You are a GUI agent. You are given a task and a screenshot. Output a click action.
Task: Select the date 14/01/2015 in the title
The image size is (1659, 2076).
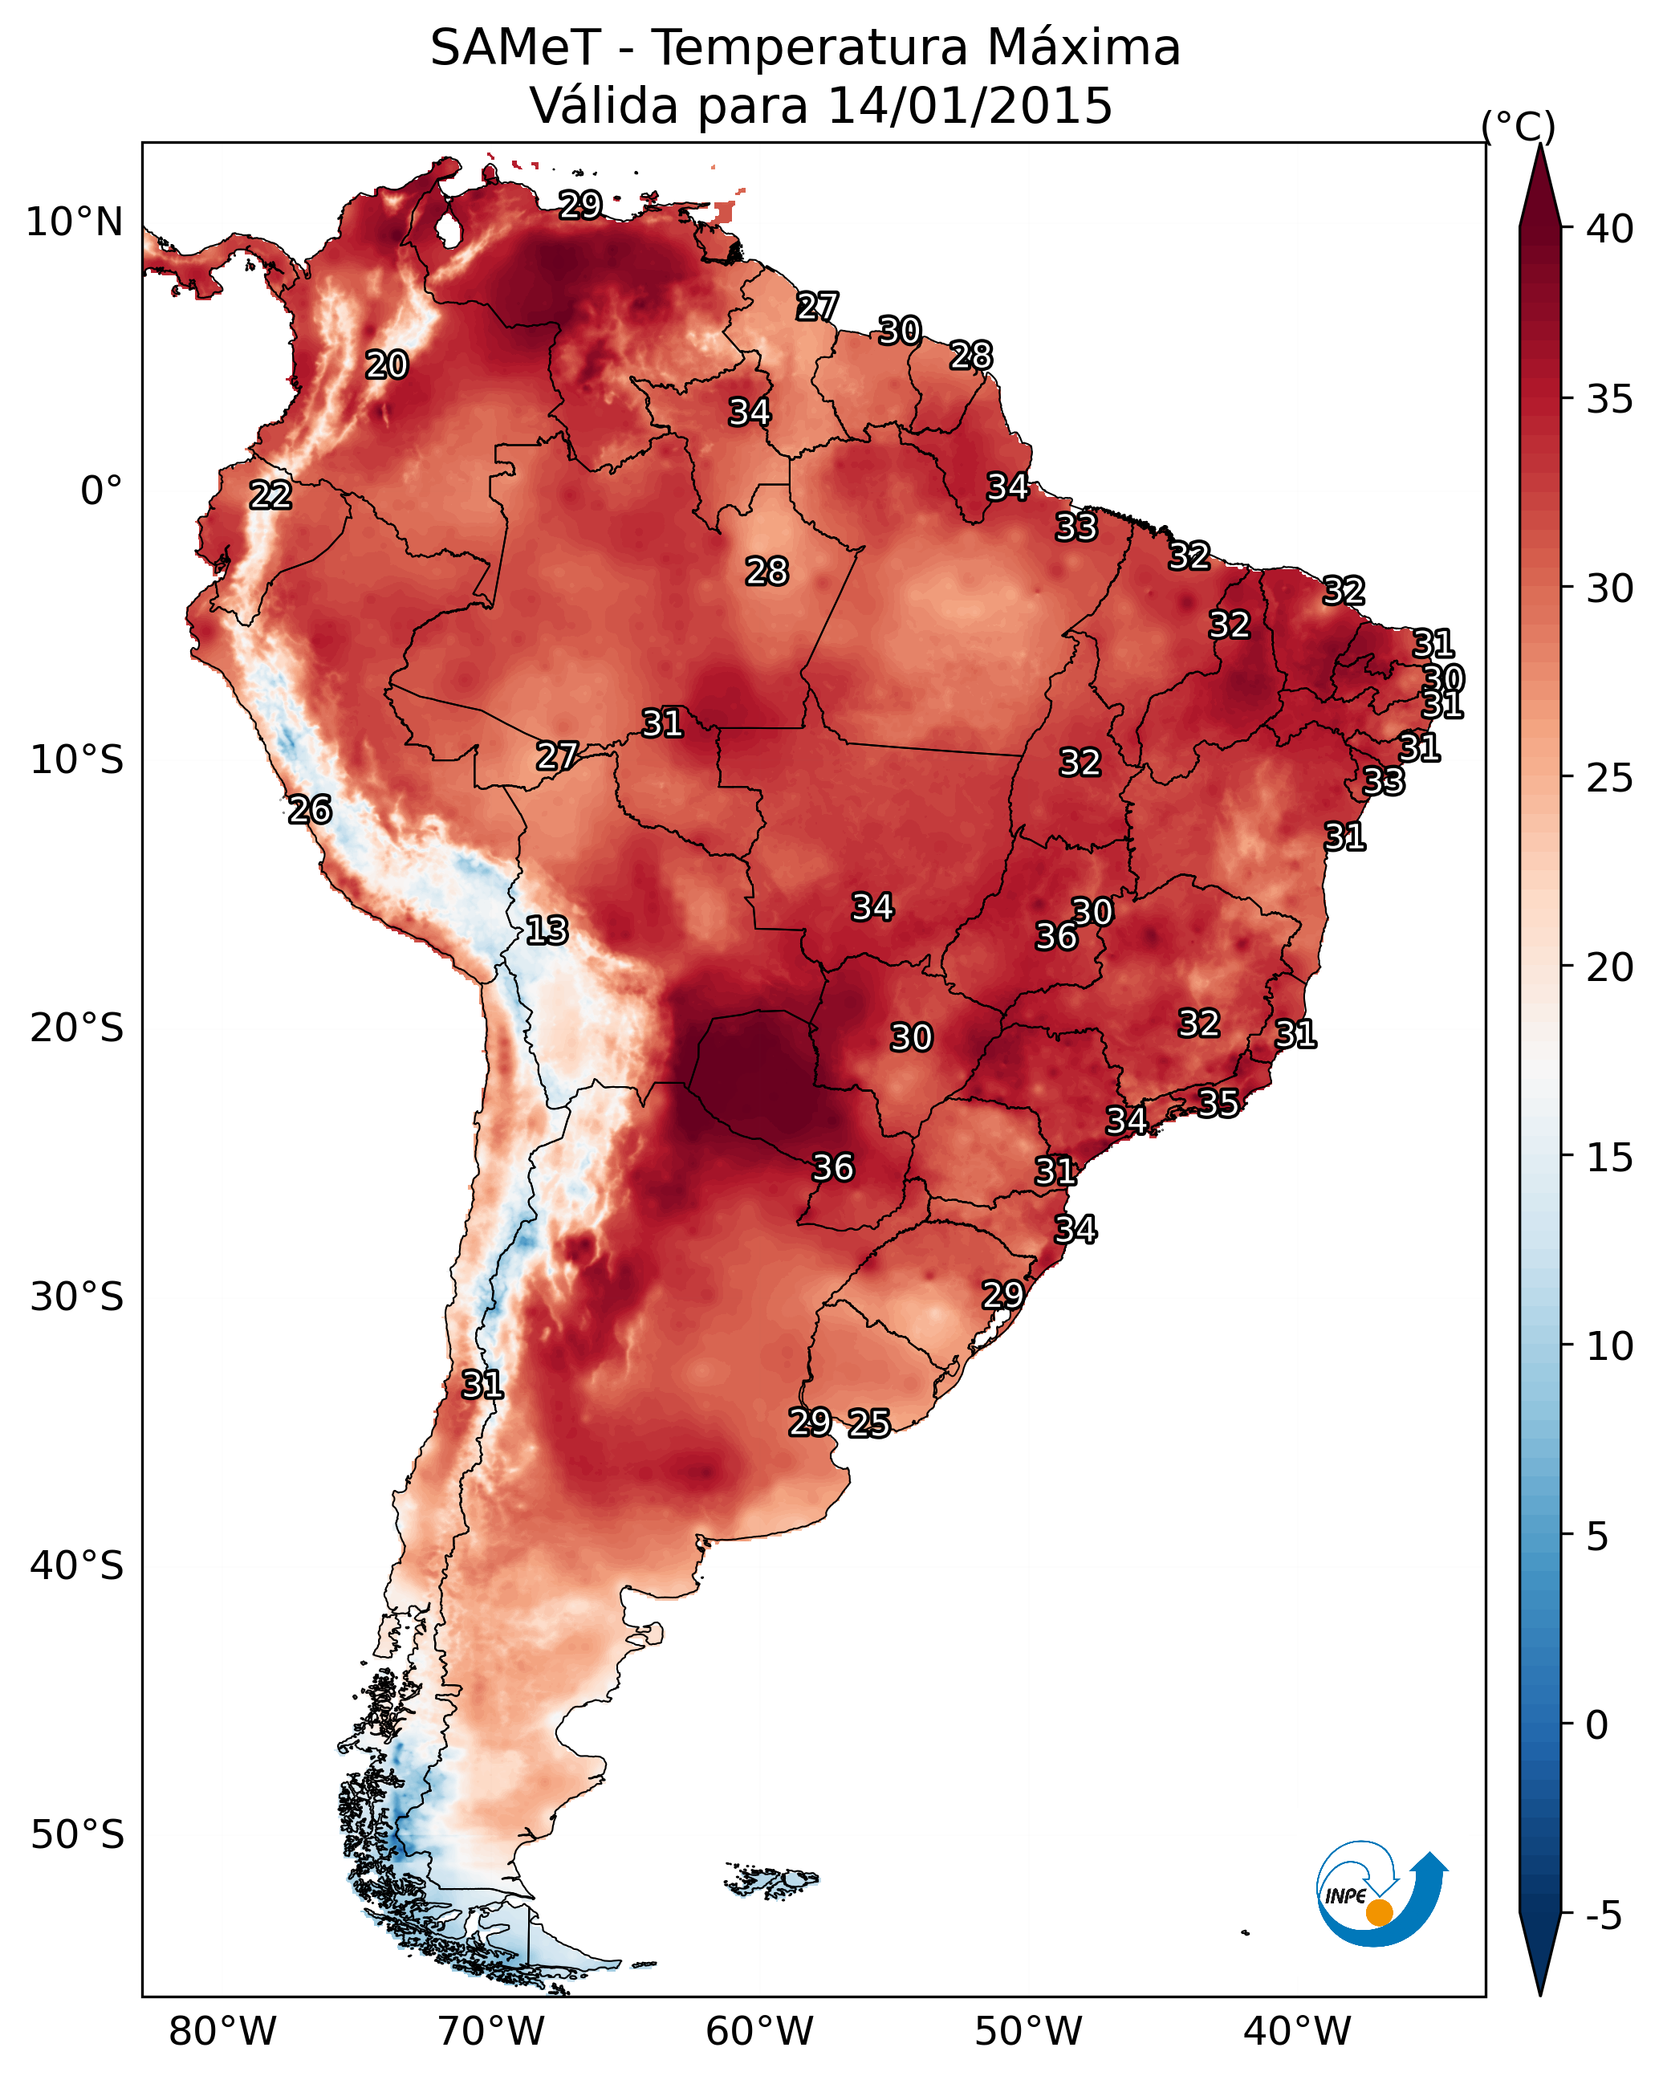(970, 105)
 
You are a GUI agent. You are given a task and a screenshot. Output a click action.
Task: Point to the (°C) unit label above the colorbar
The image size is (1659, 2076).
(1518, 126)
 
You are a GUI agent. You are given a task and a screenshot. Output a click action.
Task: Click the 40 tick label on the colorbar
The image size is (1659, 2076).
(1609, 229)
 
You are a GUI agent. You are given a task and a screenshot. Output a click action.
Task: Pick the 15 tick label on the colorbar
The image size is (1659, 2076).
(1609, 1158)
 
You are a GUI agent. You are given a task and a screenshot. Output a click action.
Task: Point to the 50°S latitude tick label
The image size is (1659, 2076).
(77, 1834)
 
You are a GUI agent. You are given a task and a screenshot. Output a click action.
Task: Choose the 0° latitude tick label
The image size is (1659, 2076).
(102, 491)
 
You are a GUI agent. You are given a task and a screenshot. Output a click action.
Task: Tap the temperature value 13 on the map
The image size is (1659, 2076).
(547, 931)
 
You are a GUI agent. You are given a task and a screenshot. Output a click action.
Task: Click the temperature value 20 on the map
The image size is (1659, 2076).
(387, 365)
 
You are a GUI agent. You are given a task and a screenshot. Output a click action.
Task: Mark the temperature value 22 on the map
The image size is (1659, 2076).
(270, 496)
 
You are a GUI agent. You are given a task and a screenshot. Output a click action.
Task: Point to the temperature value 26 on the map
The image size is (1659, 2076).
(310, 810)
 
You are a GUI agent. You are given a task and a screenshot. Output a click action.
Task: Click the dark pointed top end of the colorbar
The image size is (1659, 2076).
(1539, 145)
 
